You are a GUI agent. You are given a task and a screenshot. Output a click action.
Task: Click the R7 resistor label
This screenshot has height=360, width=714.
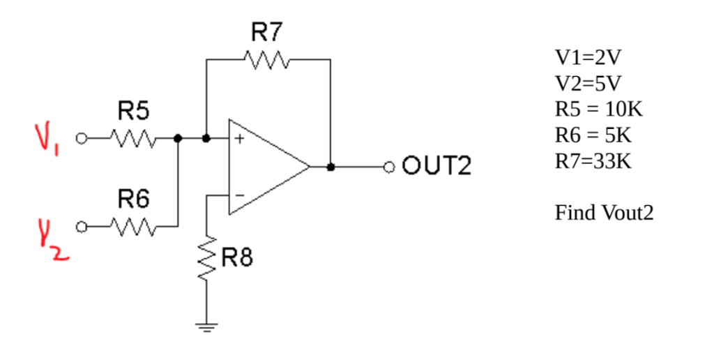(x=268, y=32)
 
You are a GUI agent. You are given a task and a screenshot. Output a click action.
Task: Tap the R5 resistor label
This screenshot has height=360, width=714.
(x=133, y=110)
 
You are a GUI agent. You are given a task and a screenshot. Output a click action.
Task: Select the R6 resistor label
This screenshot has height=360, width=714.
(x=133, y=200)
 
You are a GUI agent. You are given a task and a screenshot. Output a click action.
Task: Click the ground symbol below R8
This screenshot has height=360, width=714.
(x=207, y=325)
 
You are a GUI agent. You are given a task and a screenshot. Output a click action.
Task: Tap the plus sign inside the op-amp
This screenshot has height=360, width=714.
(x=238, y=139)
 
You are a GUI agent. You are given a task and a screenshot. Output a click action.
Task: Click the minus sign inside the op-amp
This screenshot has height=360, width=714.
(x=238, y=196)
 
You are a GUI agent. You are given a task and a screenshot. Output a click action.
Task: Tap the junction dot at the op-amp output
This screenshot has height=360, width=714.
(x=331, y=167)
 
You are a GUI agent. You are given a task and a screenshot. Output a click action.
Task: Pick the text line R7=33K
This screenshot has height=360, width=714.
(x=593, y=161)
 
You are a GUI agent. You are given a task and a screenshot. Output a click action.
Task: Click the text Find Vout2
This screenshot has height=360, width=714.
(x=604, y=212)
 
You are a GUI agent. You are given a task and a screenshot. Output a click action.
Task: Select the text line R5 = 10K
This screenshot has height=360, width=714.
(x=598, y=110)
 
